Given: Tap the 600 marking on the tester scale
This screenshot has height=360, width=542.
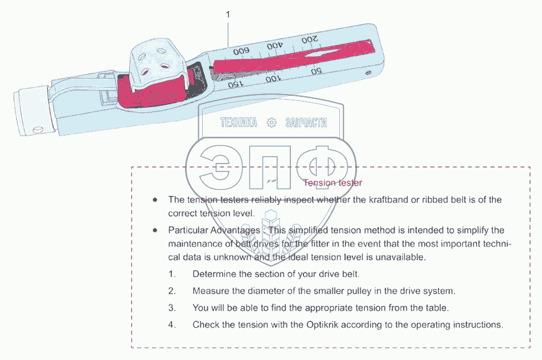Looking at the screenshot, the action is click(x=241, y=51).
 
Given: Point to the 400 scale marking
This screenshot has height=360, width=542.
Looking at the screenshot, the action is click(x=275, y=45).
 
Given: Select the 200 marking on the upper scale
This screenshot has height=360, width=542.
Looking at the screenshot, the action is click(x=310, y=40).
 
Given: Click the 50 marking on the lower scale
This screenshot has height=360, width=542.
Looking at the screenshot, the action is click(x=317, y=72).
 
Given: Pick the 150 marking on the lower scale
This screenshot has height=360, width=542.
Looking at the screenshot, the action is click(x=234, y=85).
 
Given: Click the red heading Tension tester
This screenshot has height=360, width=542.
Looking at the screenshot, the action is click(x=332, y=183).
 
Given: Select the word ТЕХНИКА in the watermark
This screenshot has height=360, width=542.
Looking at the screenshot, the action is click(x=239, y=122).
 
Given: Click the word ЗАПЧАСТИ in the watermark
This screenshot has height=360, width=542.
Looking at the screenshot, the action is click(x=307, y=122).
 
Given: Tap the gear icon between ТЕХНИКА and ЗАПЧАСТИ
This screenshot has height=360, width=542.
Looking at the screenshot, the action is click(x=272, y=122).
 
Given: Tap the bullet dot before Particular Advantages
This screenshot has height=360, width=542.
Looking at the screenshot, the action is click(x=154, y=230).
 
